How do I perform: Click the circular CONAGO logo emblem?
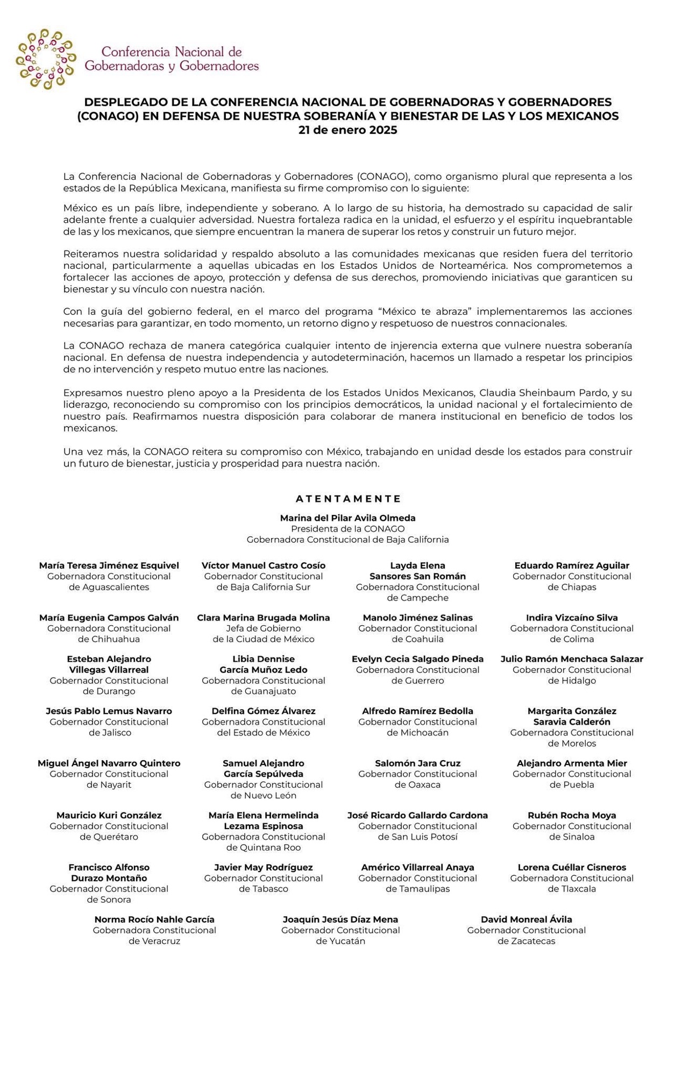point(46,59)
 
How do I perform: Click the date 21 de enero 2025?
point(347,130)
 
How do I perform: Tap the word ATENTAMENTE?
point(348,499)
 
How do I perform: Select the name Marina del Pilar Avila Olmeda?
point(347,518)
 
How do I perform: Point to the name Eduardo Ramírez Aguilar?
point(571,565)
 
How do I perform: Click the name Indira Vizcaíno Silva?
point(571,618)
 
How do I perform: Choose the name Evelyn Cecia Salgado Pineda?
point(417,659)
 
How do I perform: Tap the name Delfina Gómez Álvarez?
point(263,711)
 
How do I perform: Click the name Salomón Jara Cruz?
point(417,763)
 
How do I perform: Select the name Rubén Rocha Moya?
point(571,816)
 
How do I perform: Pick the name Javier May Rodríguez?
point(263,867)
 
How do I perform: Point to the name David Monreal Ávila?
point(526,919)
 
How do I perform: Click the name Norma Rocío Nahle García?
point(154,919)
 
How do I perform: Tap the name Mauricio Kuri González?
point(109,816)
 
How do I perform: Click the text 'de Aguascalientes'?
point(109,587)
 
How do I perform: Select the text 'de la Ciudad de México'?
point(263,639)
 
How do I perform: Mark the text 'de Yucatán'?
point(340,941)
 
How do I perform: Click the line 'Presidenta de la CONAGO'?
point(347,529)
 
